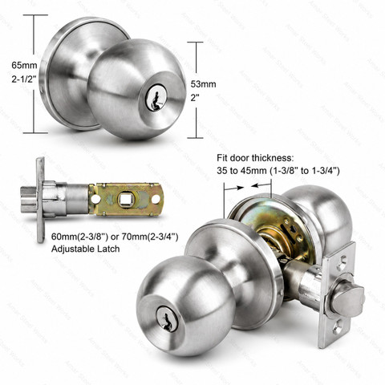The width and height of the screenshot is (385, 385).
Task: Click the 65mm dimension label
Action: click(24, 65)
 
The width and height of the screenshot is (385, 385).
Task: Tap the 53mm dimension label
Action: click(203, 84)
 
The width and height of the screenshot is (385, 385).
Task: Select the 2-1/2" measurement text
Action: click(24, 79)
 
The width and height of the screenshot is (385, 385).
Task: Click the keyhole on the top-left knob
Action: click(156, 98)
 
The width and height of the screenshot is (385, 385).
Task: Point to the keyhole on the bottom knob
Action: click(167, 319)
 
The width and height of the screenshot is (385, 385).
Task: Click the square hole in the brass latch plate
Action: click(124, 200)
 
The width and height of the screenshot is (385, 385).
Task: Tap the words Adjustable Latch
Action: click(85, 249)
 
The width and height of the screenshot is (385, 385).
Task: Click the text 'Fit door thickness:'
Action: click(255, 158)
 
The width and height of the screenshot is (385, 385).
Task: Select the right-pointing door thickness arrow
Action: click(233, 188)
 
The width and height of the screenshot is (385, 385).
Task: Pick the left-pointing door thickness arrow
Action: click(261, 185)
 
